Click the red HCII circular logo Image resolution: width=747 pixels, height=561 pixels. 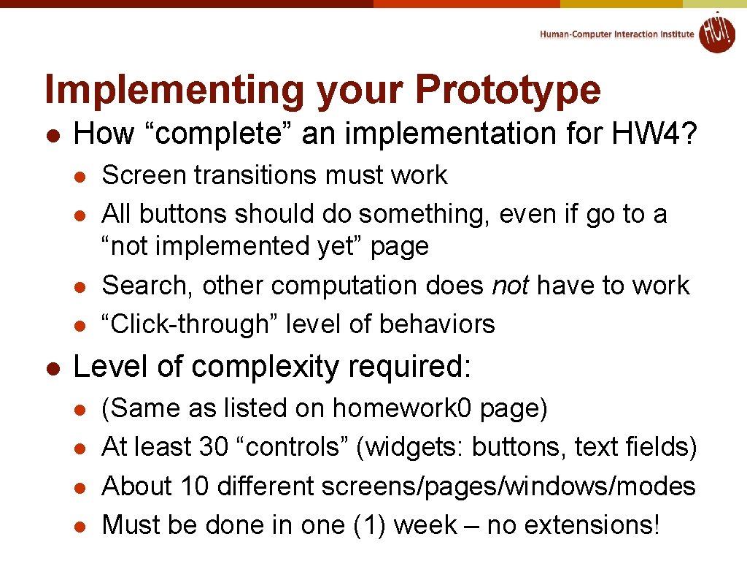[x=716, y=33]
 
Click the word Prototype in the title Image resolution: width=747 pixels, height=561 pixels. [x=508, y=90]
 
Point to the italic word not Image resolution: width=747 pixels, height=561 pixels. [x=510, y=285]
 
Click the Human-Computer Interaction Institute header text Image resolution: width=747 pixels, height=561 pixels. [x=617, y=34]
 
